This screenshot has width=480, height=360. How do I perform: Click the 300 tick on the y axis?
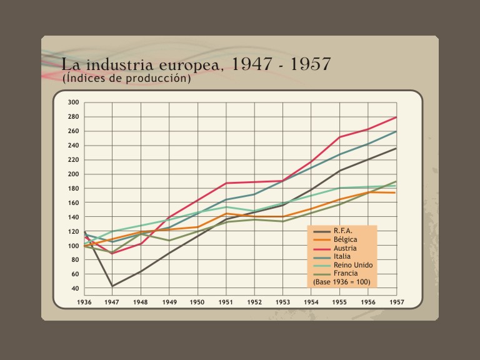click(x=73, y=102)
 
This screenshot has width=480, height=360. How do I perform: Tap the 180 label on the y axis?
click(x=73, y=188)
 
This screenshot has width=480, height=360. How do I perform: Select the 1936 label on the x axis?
click(x=84, y=302)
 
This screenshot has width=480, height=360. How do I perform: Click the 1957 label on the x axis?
click(x=396, y=302)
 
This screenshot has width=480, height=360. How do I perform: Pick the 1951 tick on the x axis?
click(x=226, y=302)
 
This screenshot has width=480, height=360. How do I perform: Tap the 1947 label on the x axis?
click(x=112, y=302)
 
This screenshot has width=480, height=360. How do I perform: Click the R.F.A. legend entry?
click(x=343, y=231)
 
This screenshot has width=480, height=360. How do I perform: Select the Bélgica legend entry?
click(x=345, y=240)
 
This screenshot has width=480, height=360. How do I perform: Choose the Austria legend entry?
click(x=345, y=248)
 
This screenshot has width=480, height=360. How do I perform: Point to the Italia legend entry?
click(x=342, y=256)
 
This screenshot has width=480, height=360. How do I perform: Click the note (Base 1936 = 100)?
click(x=342, y=282)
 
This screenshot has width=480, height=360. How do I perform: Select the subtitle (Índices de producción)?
click(x=126, y=79)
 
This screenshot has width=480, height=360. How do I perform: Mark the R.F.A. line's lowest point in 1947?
click(x=112, y=286)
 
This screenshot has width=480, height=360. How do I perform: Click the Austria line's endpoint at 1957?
click(x=396, y=117)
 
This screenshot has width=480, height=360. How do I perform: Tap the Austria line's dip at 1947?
click(x=112, y=253)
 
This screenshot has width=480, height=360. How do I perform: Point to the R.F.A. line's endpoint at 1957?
click(x=396, y=148)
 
